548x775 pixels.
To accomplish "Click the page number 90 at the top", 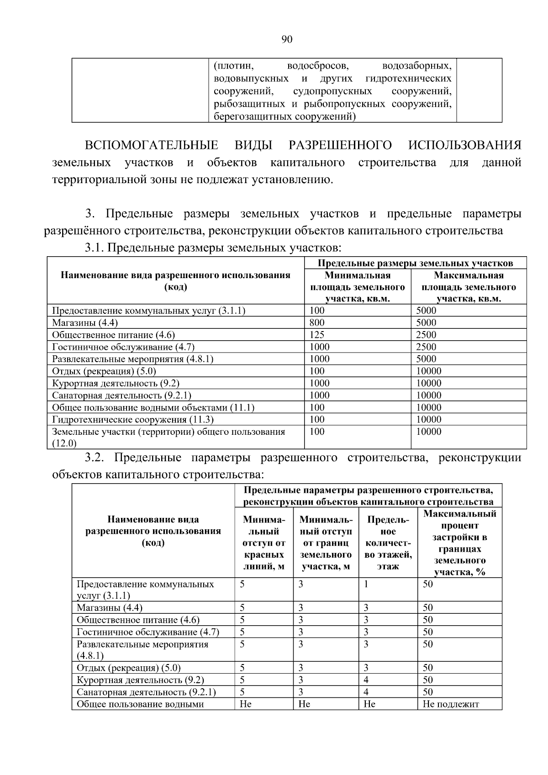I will [286, 39].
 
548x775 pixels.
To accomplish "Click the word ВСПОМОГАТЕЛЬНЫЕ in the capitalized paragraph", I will [151, 145].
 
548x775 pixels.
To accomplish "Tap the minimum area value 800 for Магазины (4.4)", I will [317, 323].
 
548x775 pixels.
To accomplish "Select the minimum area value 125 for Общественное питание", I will [317, 335].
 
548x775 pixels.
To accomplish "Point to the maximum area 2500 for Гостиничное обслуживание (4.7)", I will [426, 347].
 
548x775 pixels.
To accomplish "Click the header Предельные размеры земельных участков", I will [415, 263].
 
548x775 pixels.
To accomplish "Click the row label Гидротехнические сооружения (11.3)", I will [132, 420].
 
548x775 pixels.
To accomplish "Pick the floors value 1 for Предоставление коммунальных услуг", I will [366, 584].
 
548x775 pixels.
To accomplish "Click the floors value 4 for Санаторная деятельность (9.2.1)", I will [366, 692].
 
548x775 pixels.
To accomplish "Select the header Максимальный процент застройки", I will [459, 543].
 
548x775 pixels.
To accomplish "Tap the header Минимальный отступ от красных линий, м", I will [264, 543].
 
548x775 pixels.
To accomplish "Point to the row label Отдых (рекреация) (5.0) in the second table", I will [128, 668].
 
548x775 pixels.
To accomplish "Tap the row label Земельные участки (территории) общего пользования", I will [168, 432].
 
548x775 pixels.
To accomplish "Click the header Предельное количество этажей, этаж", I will [388, 543].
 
